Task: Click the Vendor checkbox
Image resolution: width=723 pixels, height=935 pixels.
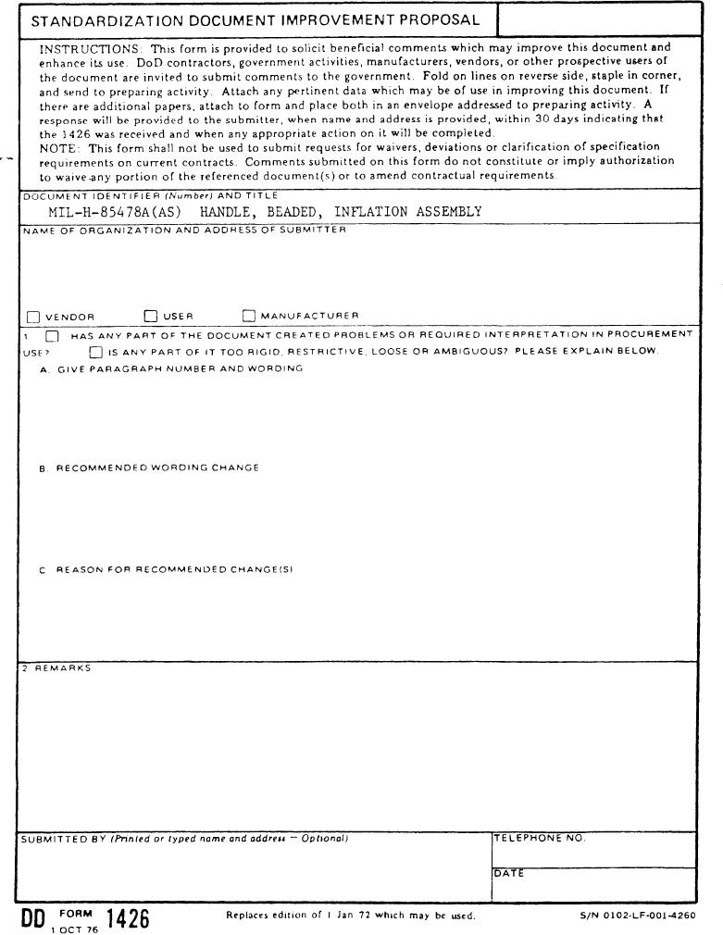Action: pyautogui.click(x=33, y=317)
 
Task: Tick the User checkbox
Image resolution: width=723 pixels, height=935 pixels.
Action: pyautogui.click(x=151, y=317)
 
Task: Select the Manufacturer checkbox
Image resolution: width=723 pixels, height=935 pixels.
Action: pyautogui.click(x=248, y=317)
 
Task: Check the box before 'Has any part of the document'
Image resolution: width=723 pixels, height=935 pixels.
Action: pyautogui.click(x=53, y=336)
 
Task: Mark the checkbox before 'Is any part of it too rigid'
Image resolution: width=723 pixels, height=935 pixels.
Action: pyautogui.click(x=96, y=352)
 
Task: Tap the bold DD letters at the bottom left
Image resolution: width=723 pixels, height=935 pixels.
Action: pyautogui.click(x=36, y=918)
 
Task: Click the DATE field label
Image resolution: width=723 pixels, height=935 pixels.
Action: pyautogui.click(x=508, y=873)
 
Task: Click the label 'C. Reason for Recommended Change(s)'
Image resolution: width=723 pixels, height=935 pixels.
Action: pyautogui.click(x=166, y=570)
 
